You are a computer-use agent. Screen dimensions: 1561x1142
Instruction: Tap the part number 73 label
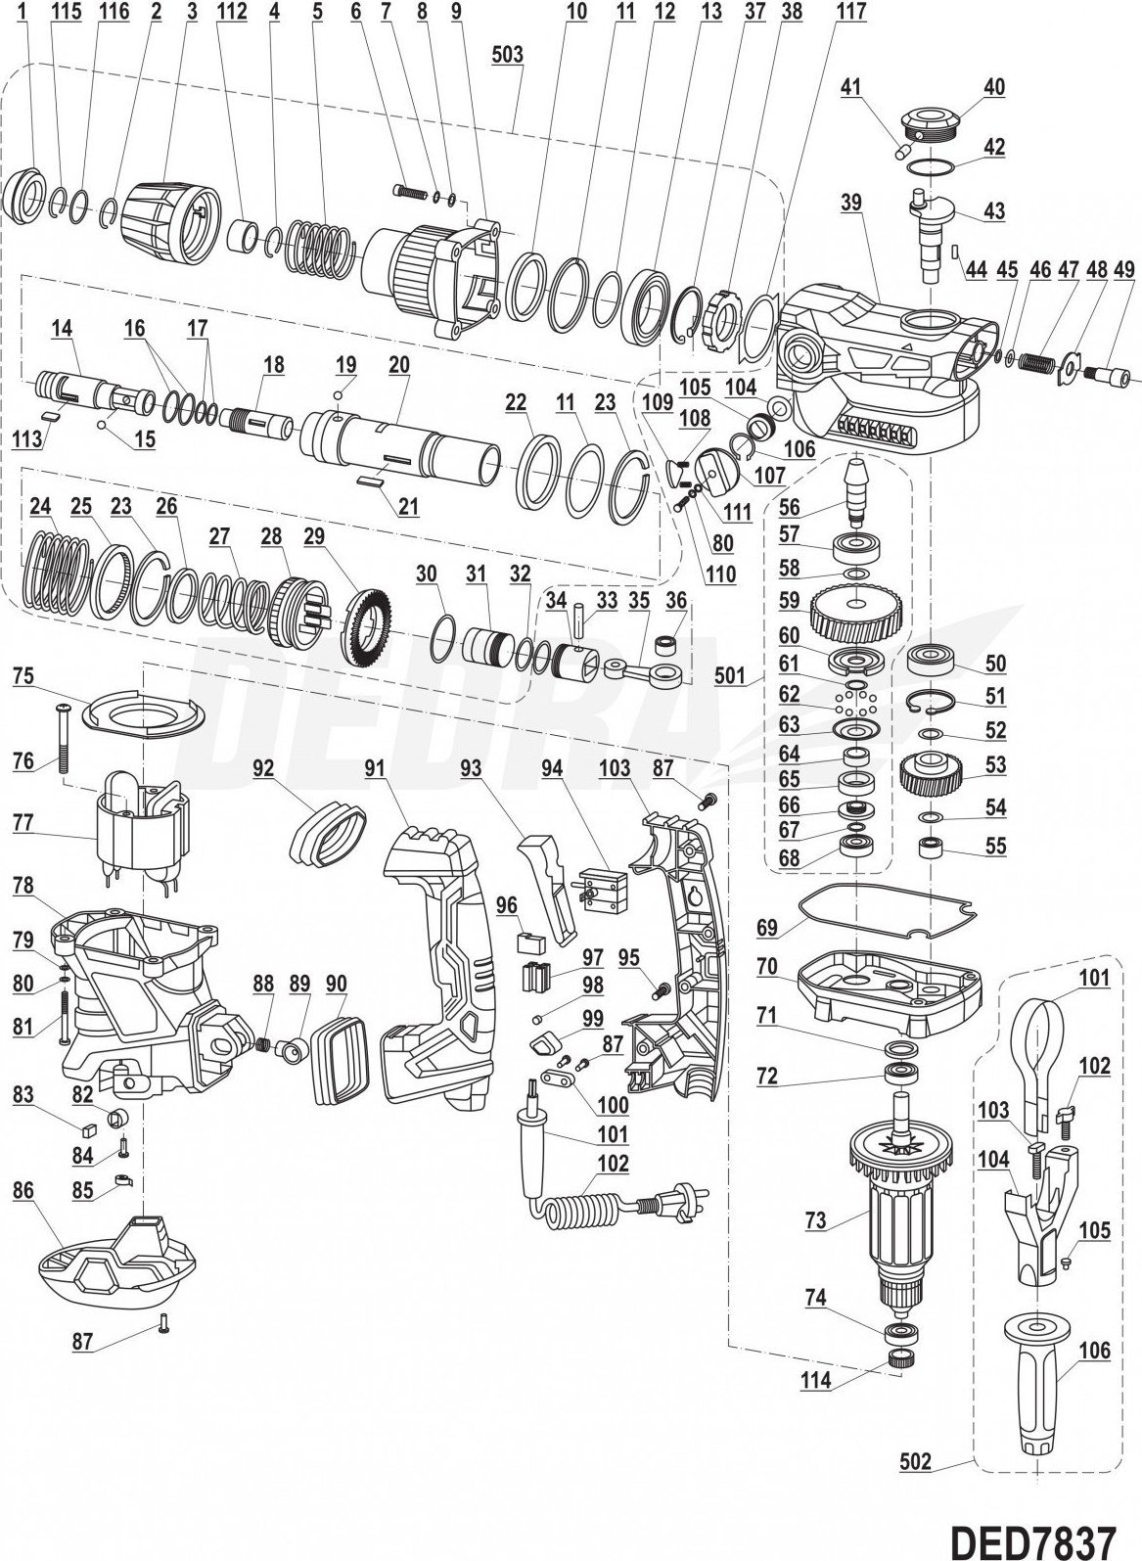click(815, 1221)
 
